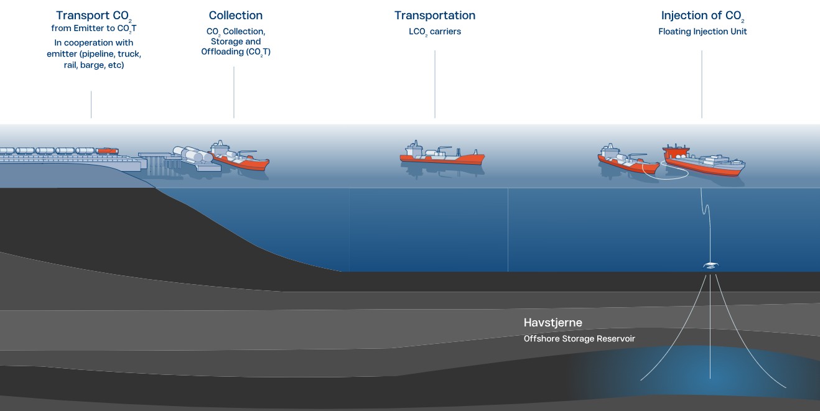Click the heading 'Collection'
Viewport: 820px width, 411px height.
click(x=235, y=16)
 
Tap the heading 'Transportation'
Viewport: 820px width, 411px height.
click(x=435, y=16)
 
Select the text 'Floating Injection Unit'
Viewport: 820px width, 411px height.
click(x=702, y=32)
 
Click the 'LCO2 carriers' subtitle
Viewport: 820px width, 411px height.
click(x=435, y=32)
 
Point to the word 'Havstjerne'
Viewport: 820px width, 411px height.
click(x=552, y=323)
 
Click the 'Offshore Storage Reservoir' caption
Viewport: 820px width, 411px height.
click(x=579, y=338)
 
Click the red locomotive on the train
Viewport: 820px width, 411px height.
click(x=107, y=150)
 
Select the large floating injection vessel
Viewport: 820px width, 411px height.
click(x=704, y=160)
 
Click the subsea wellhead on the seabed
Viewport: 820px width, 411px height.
click(x=711, y=265)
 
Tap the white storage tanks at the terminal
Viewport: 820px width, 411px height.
click(x=192, y=154)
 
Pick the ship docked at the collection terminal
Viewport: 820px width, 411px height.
click(x=240, y=155)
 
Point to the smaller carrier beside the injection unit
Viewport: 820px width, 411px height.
click(x=628, y=159)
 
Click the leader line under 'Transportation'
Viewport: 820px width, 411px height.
click(x=435, y=84)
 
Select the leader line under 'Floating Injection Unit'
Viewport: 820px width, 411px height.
click(x=702, y=84)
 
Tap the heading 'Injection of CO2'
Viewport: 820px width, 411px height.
click(x=702, y=16)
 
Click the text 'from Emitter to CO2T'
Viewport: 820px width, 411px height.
click(x=94, y=29)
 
